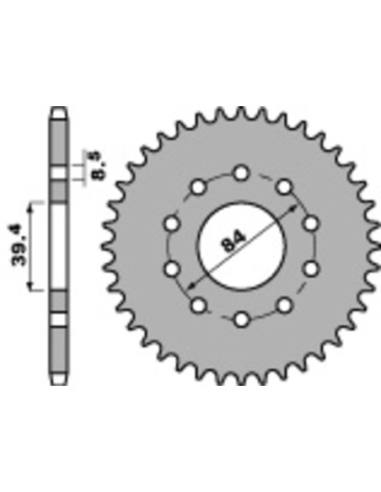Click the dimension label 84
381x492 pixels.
click(x=233, y=241)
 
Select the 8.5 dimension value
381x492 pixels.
click(x=99, y=166)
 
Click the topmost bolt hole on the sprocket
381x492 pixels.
click(x=241, y=173)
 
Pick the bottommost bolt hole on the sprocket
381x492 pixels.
click(x=242, y=320)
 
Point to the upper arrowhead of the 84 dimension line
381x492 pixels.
click(x=292, y=209)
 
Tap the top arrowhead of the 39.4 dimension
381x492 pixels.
click(x=30, y=207)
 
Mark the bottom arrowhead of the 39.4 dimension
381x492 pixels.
click(x=30, y=286)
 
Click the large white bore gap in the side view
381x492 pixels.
click(x=59, y=247)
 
